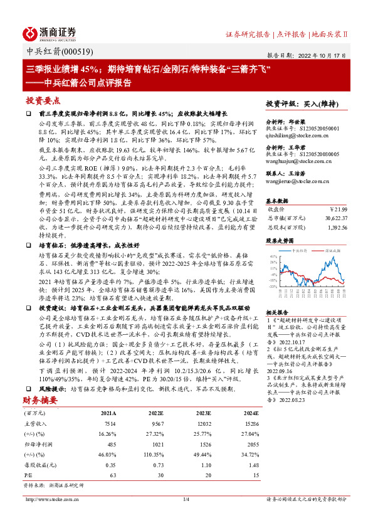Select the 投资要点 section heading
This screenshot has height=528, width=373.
tap(44, 100)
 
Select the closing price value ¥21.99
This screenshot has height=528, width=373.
tap(337, 209)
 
